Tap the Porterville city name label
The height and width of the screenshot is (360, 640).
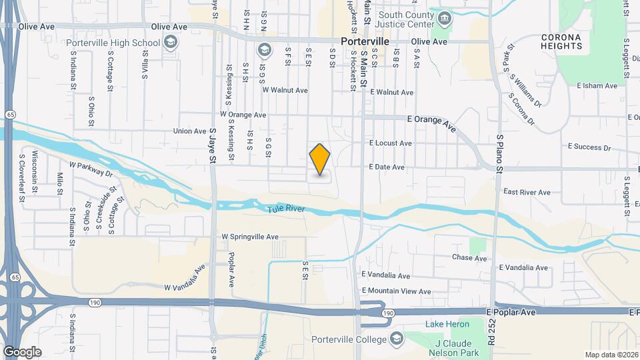(x=365, y=41)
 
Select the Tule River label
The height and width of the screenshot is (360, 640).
(x=286, y=209)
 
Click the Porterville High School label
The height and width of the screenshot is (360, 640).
(x=113, y=43)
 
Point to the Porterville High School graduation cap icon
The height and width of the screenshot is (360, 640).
(x=171, y=43)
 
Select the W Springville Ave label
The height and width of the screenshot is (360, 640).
(x=250, y=237)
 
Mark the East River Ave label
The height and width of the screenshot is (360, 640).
(x=527, y=192)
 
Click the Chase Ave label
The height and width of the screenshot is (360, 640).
(x=469, y=258)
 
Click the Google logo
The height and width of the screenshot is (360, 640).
(x=22, y=352)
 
